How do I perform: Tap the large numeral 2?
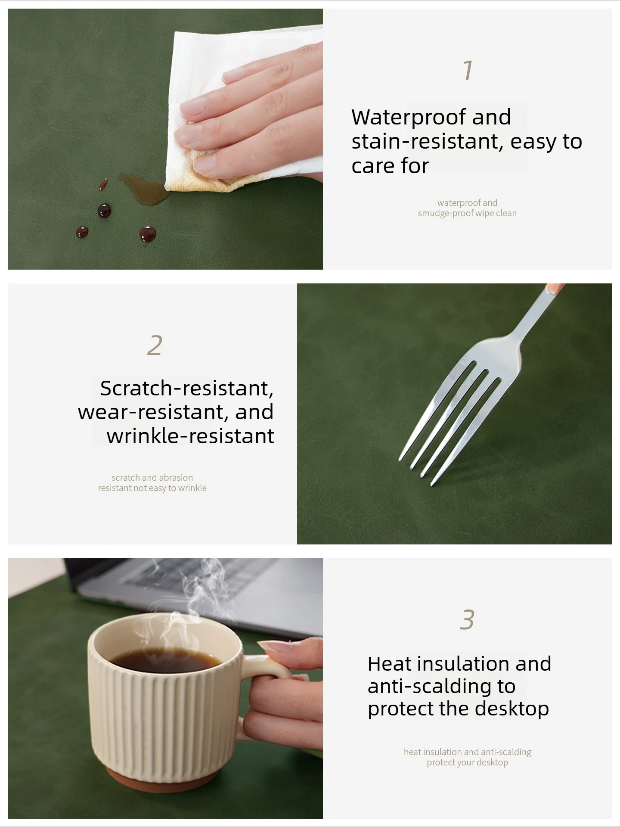(x=155, y=345)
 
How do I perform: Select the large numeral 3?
(x=467, y=620)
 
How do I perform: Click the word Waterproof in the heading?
(x=408, y=117)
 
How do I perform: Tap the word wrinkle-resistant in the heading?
(x=190, y=436)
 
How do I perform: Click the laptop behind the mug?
(x=194, y=590)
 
